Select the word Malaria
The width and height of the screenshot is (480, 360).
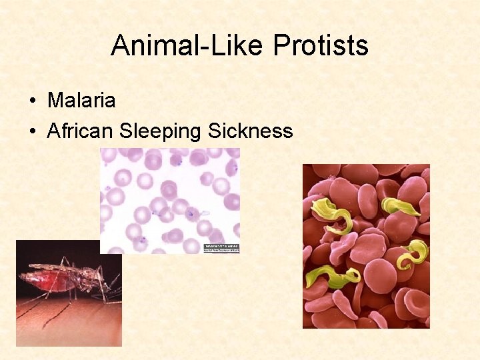pyautogui.click(x=81, y=101)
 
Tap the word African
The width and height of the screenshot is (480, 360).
pyautogui.click(x=81, y=131)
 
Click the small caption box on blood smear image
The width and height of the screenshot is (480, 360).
pyautogui.click(x=220, y=247)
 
